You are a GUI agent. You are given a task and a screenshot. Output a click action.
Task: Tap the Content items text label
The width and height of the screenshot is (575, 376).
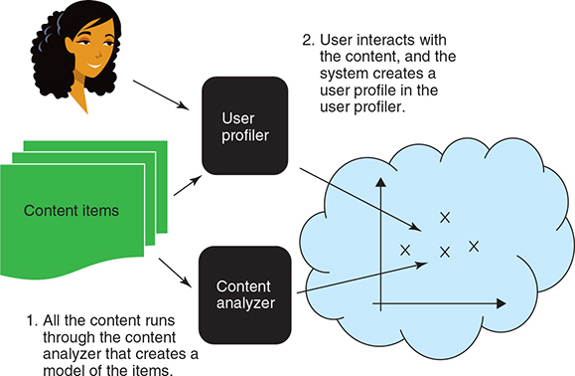click(72, 210)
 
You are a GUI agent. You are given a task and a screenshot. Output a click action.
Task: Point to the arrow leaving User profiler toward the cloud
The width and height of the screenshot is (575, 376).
click(358, 199)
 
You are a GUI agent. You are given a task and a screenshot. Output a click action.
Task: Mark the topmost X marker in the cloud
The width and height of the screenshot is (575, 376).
click(444, 217)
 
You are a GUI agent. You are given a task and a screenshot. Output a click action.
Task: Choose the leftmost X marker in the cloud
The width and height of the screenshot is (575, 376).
click(405, 251)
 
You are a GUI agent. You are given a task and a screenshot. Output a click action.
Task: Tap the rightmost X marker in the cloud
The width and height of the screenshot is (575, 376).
click(474, 246)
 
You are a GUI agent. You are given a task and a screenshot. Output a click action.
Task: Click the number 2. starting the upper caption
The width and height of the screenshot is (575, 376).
click(309, 44)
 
